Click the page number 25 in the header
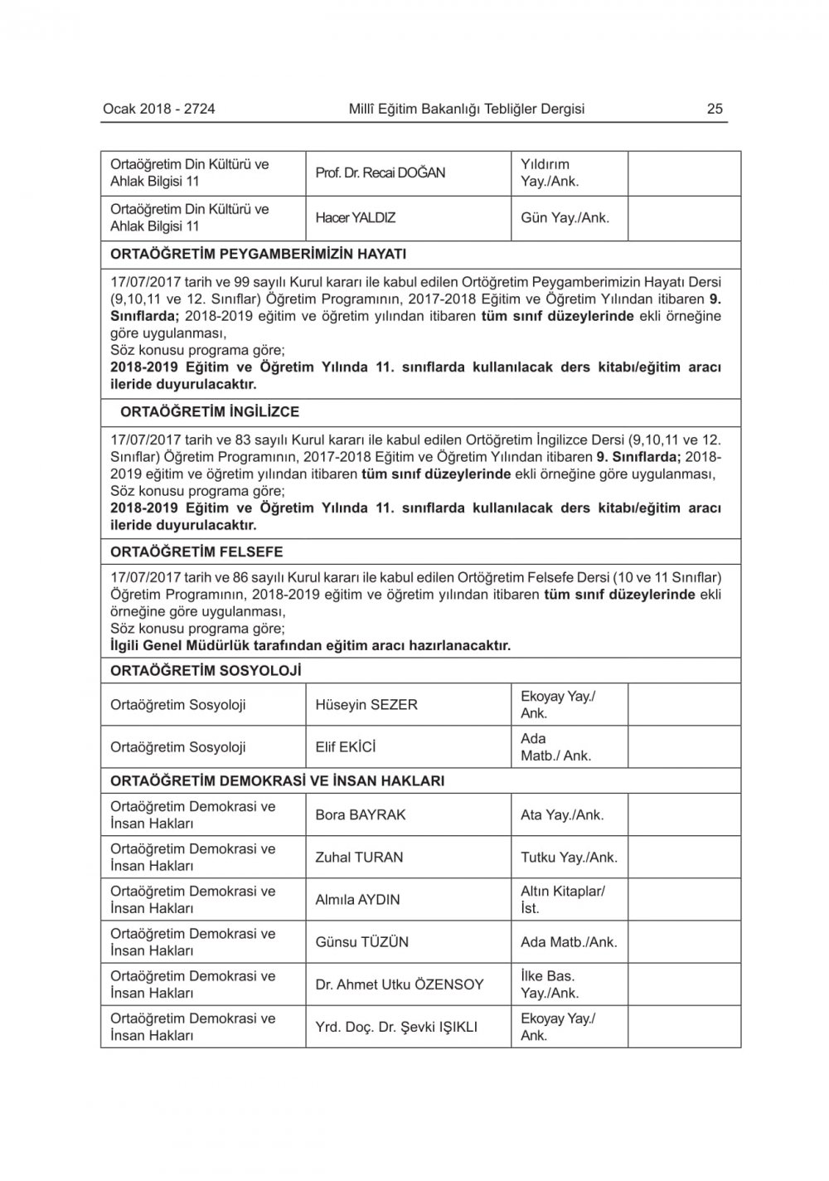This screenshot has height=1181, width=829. pyautogui.click(x=715, y=109)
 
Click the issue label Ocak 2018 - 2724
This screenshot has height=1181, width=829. pyautogui.click(x=159, y=109)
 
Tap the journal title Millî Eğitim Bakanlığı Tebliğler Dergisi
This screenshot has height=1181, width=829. pyautogui.click(x=467, y=109)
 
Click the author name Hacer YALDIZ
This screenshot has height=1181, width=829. pyautogui.click(x=356, y=218)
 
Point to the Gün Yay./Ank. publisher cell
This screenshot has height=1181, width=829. pyautogui.click(x=565, y=218)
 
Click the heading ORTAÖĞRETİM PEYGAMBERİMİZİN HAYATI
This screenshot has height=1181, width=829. pyautogui.click(x=258, y=254)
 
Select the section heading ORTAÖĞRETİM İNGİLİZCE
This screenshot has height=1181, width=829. pyautogui.click(x=210, y=411)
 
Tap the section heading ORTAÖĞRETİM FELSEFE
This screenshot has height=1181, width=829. pyautogui.click(x=196, y=552)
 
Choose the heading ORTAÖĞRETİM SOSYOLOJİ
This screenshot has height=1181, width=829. pyautogui.click(x=206, y=670)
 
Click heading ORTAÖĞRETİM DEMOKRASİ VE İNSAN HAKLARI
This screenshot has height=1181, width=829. pyautogui.click(x=277, y=780)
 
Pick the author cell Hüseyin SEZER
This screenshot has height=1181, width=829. pyautogui.click(x=366, y=705)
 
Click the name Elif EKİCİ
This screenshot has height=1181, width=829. pyautogui.click(x=346, y=747)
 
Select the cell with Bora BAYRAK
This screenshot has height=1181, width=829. pyautogui.click(x=361, y=815)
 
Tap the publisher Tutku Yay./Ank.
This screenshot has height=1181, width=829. pyautogui.click(x=569, y=858)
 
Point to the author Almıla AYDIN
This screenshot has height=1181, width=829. pyautogui.click(x=357, y=900)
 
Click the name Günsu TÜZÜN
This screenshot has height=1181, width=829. pyautogui.click(x=361, y=942)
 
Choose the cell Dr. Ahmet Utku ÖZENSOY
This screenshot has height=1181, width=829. pyautogui.click(x=400, y=984)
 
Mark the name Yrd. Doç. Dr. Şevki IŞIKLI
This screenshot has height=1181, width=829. pyautogui.click(x=396, y=1027)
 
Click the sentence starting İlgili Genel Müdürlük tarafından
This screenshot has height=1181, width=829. pyautogui.click(x=310, y=645)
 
